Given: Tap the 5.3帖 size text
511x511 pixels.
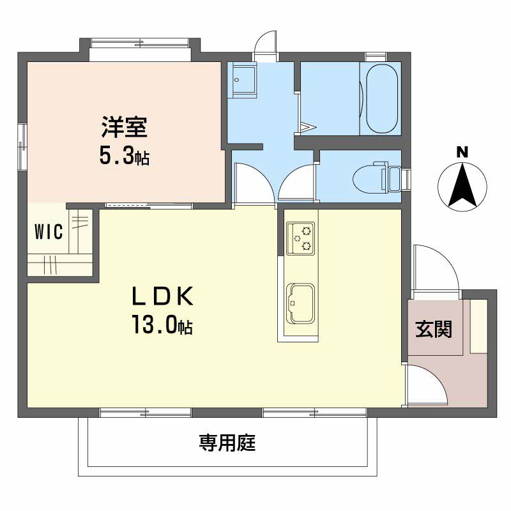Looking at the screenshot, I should click(x=124, y=156).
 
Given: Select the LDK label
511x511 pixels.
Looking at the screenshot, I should click(x=162, y=297).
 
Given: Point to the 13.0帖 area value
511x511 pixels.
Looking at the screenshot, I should click(x=162, y=326).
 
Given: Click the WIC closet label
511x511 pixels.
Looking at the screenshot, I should click(x=49, y=232).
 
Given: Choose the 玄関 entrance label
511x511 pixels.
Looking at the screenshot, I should click(x=434, y=330).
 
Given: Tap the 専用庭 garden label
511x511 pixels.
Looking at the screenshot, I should click(x=227, y=442).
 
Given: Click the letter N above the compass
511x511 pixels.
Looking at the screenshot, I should click(x=462, y=152).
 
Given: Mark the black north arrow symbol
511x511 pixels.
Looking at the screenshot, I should click(x=462, y=186).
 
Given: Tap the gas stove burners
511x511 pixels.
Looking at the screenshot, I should click(x=300, y=238).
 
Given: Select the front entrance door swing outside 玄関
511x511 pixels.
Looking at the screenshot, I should click(x=434, y=268).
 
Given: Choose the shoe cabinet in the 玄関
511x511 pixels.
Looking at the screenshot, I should click(x=478, y=325).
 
